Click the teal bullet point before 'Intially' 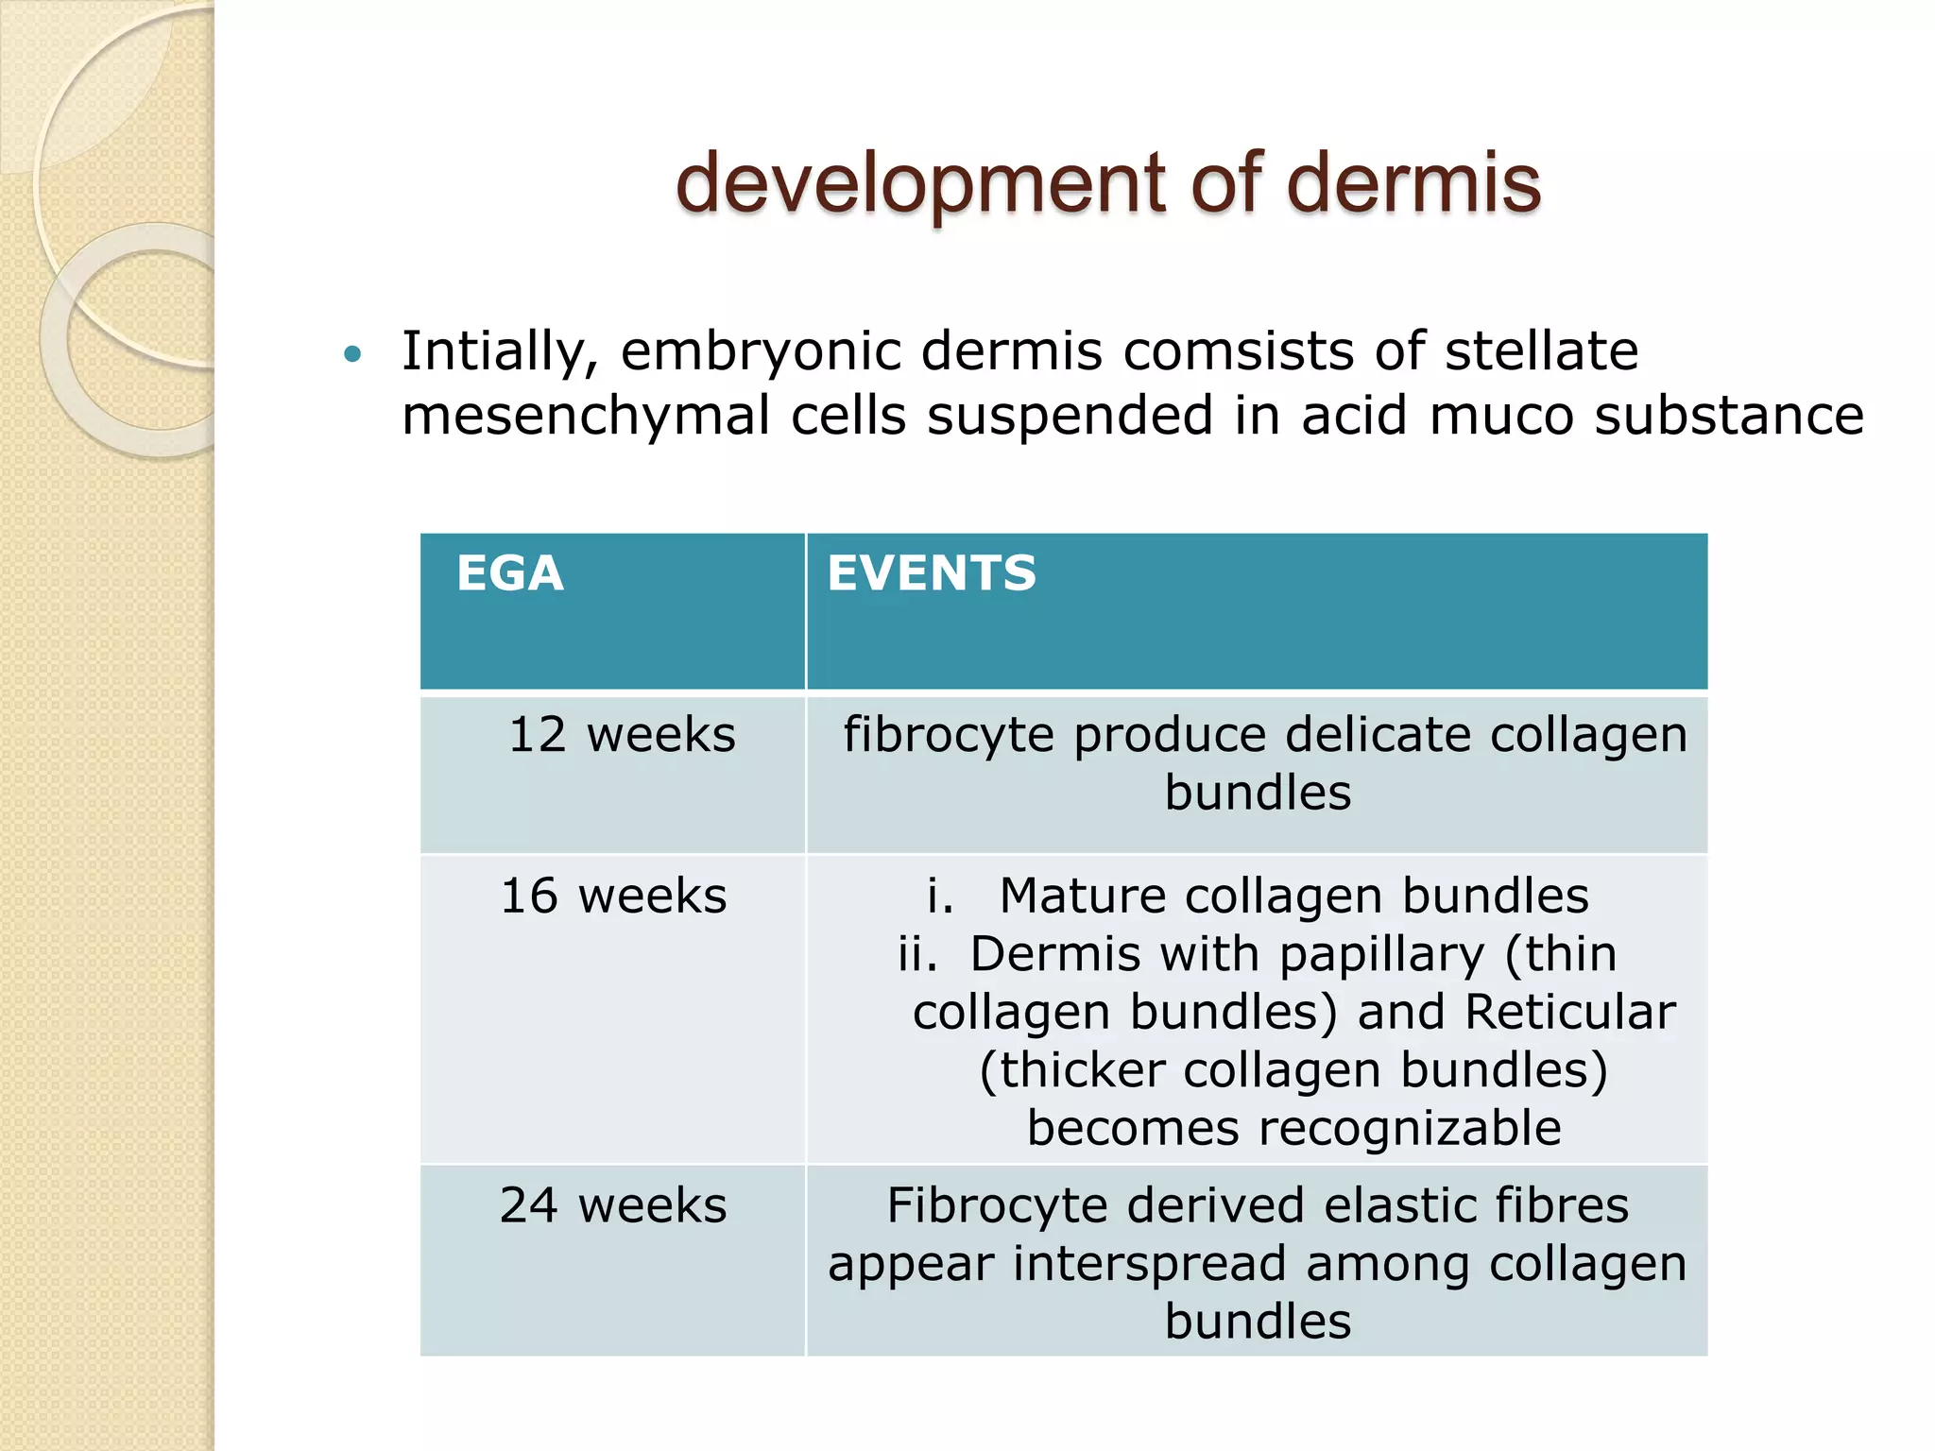pos(353,355)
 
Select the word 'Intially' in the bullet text pos(500,351)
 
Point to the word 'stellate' pos(1541,351)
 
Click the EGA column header pos(510,573)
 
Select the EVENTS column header pos(932,573)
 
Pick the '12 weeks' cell pos(622,735)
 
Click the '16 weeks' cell pos(613,896)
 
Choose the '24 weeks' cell pos(613,1205)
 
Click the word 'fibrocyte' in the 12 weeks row pos(948,735)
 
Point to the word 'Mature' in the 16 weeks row pos(1082,896)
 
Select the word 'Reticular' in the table pos(1569,1012)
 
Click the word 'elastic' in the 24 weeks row pos(1399,1205)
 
